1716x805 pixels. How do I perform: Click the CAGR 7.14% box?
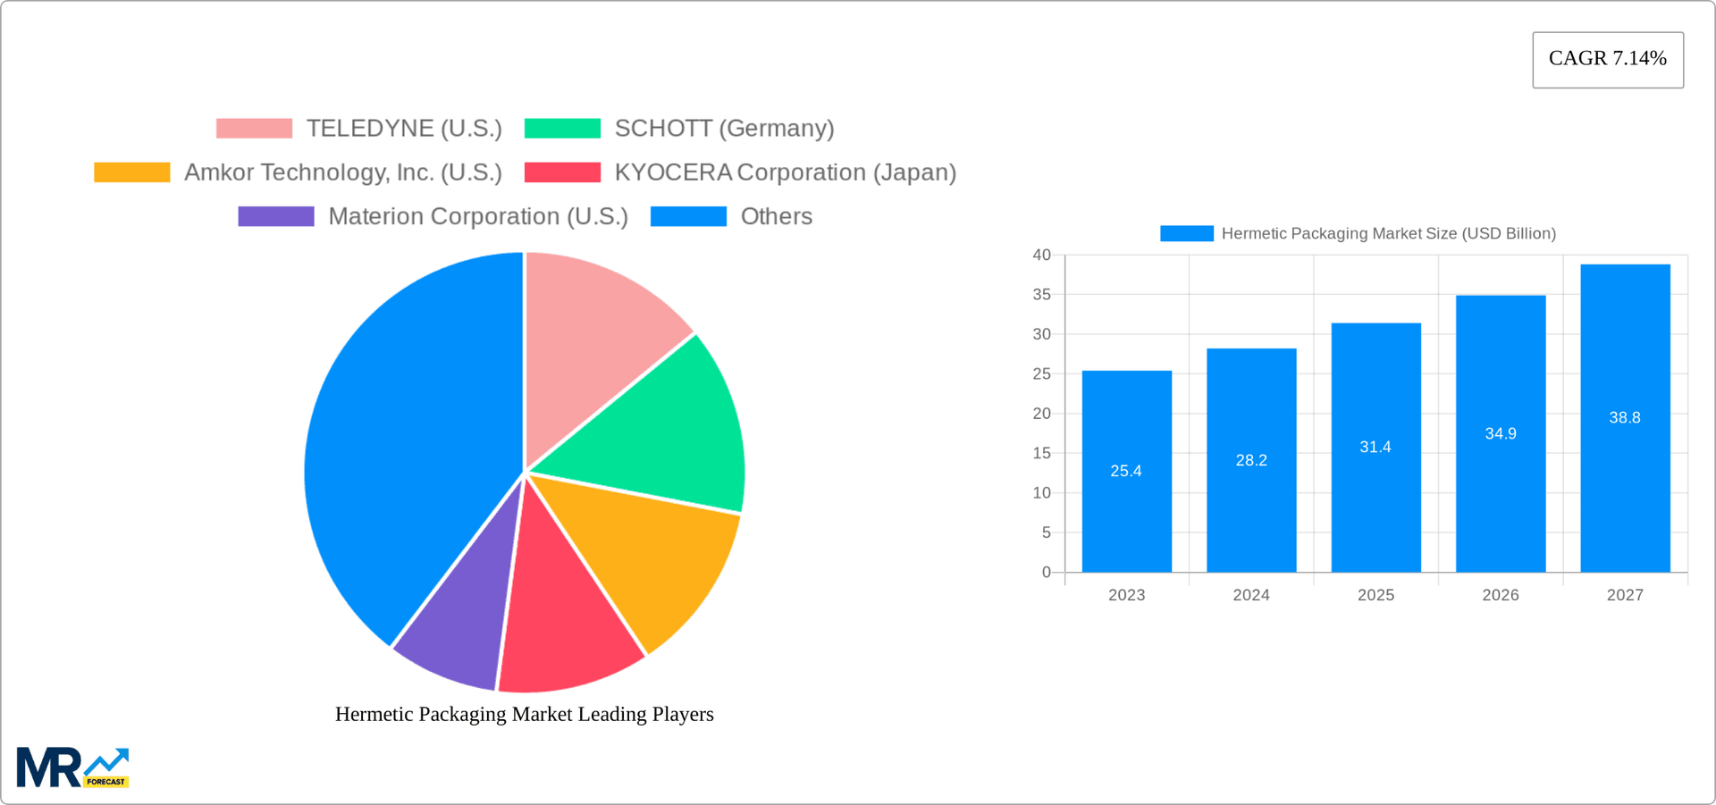click(1607, 59)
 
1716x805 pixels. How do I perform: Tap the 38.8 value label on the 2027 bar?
click(1624, 417)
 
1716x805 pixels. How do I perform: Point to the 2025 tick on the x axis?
click(1375, 595)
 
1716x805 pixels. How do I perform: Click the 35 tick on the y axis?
click(1041, 295)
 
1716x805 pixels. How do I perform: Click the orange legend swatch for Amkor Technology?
click(132, 172)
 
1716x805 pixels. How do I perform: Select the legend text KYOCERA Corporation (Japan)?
click(785, 172)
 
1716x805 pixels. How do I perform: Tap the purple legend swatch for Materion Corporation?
click(276, 216)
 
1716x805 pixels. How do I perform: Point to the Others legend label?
click(776, 216)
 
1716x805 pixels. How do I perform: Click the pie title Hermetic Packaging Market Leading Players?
click(524, 714)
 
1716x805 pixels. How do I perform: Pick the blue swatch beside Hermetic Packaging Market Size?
click(1186, 233)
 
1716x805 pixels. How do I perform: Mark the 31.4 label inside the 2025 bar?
click(1375, 447)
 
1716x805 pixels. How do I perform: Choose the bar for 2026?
click(1500, 500)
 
